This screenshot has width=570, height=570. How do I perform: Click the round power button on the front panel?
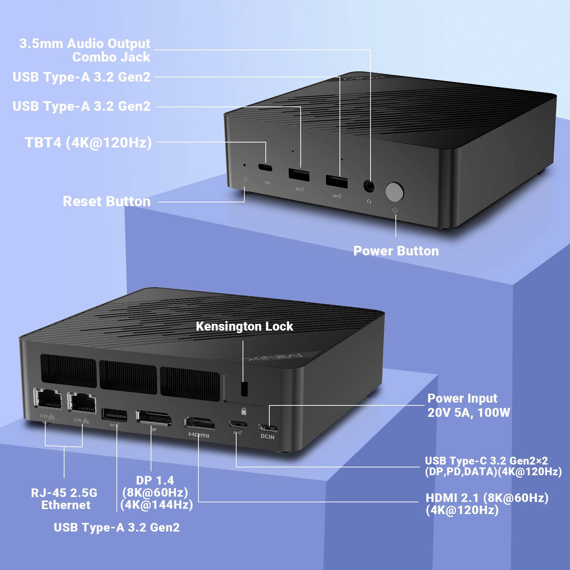coord(394,192)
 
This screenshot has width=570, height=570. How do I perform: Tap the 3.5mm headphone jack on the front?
coord(369,186)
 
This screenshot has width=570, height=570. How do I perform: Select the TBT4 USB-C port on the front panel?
coord(265,167)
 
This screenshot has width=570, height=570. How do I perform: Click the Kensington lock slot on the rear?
coord(244,389)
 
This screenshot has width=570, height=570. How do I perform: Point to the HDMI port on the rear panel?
coord(199,422)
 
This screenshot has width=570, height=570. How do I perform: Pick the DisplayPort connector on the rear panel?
coord(154,418)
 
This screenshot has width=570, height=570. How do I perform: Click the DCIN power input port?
coord(268,427)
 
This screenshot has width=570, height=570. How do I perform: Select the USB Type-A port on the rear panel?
coord(114,415)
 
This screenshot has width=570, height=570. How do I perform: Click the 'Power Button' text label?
coord(396,251)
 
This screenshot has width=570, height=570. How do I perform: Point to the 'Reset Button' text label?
coord(107,201)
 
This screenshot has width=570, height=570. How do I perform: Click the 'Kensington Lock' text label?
coord(244,326)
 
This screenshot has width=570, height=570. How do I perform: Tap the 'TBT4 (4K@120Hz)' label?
coord(88,142)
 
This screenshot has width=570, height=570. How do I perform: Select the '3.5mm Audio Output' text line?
coord(85,43)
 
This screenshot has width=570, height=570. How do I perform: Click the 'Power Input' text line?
coord(462,398)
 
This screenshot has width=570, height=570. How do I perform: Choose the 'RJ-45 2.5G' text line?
coord(64,493)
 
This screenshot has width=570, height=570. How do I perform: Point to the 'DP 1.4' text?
coord(155,480)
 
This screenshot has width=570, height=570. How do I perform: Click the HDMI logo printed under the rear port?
coord(199,435)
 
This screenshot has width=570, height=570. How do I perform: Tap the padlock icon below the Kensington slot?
coord(244,411)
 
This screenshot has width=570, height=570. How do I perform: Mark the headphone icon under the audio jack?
coord(369,202)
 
